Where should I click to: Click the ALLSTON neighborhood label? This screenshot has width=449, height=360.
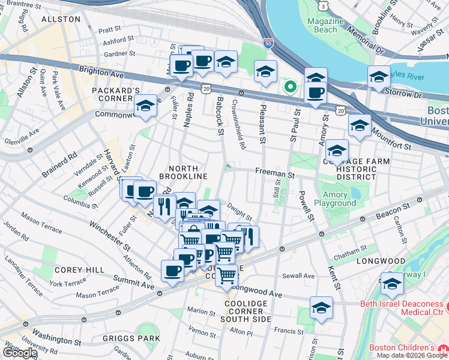point(61,19)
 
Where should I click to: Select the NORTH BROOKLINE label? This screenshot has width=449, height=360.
point(183,172)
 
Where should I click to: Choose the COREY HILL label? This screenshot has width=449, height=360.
point(71,270)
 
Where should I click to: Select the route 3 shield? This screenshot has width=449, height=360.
point(324,5)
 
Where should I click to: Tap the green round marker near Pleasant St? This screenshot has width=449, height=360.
point(291,88)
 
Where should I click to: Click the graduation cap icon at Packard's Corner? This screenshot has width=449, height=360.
point(145,106)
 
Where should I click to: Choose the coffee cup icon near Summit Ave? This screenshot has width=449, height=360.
point(172,271)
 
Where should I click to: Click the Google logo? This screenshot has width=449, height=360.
point(19,353)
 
